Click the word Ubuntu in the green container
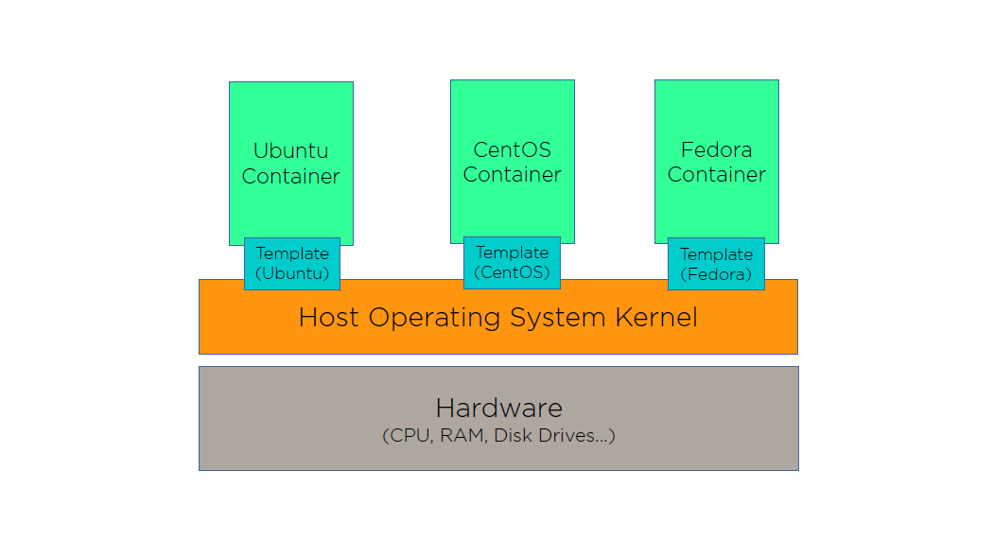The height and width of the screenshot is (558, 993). point(290,150)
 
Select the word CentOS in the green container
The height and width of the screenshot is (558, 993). point(512,149)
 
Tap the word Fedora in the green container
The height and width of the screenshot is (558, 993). point(716,149)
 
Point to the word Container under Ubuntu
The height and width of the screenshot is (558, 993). point(290,176)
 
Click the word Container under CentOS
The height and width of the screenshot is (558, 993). point(512,175)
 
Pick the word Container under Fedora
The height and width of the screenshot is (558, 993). point(716,175)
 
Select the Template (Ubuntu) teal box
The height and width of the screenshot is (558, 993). point(291,264)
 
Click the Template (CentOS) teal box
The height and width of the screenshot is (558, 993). point(512,263)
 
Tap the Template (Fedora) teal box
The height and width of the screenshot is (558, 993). point(716,264)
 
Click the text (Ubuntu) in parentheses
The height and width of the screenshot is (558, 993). point(291,274)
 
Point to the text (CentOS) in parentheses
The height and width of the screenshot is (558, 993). point(512,273)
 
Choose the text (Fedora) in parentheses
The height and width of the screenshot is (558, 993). point(716,275)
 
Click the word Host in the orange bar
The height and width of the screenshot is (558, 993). point(330,317)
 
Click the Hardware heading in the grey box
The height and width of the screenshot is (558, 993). point(498,409)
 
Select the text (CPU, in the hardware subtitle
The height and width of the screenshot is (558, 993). point(407,436)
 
